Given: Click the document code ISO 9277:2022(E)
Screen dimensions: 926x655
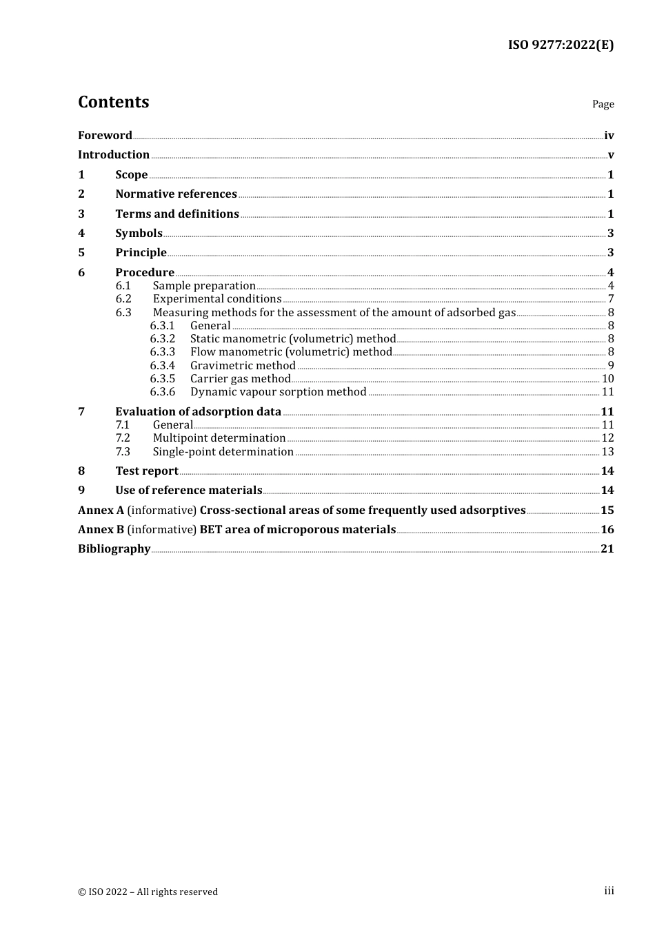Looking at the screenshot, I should [561, 45].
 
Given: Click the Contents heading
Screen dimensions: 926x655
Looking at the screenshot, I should [113, 102].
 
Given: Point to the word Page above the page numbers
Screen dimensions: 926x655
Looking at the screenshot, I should [603, 104].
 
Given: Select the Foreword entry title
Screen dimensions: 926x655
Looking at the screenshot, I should [105, 136].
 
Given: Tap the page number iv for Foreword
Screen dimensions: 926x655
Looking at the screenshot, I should [609, 136].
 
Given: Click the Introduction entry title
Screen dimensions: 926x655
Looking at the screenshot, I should [114, 155].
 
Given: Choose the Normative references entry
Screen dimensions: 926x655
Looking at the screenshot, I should [176, 194].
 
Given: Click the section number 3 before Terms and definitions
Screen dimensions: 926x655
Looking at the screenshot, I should [81, 214].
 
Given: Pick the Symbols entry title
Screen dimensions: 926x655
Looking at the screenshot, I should [139, 234].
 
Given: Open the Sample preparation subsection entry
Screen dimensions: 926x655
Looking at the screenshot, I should [204, 286].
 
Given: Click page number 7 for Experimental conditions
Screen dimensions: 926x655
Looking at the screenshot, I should [611, 299].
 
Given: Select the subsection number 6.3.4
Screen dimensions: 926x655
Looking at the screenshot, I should [163, 366].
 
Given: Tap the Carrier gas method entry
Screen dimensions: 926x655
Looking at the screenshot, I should [240, 379].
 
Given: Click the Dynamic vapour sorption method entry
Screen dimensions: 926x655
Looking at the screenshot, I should [278, 392].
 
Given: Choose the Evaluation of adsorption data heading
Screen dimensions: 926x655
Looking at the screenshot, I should [198, 412].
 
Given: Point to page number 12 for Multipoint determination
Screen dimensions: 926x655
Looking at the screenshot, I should [607, 438].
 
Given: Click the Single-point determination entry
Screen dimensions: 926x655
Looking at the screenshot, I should [223, 452].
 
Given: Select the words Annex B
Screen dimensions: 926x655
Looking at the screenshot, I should [101, 530].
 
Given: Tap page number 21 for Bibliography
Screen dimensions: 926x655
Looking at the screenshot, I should [607, 549].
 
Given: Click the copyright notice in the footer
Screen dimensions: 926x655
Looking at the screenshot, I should [148, 892].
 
